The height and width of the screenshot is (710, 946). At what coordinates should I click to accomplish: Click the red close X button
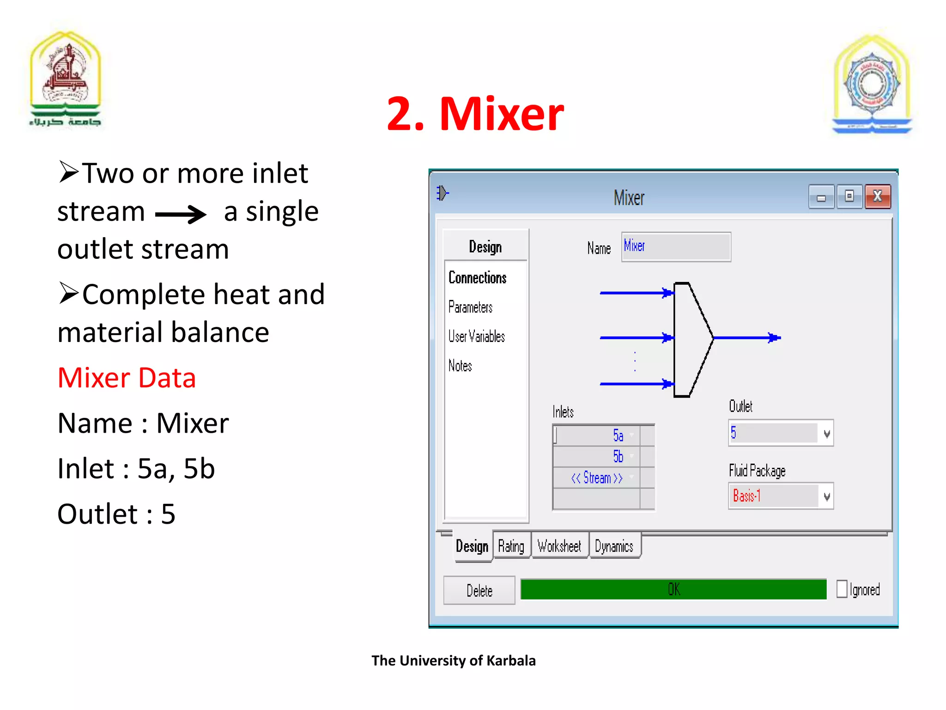(877, 197)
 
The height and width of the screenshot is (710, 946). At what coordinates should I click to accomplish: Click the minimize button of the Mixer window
(821, 198)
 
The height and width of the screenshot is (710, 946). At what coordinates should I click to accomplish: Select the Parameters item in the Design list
(470, 307)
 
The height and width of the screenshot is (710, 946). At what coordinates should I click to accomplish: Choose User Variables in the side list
(476, 337)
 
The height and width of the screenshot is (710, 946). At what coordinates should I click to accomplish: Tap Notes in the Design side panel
(460, 366)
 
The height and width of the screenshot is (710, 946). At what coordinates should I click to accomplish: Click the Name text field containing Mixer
(675, 247)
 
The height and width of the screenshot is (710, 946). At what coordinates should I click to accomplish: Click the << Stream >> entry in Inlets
(597, 478)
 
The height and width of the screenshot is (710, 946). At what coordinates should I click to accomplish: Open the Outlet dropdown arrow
(826, 434)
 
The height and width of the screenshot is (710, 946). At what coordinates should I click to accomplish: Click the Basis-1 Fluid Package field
(774, 496)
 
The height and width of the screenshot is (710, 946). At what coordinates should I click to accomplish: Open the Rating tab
(511, 546)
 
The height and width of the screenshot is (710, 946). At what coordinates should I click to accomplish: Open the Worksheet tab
(559, 546)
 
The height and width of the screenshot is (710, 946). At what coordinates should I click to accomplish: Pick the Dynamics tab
(614, 546)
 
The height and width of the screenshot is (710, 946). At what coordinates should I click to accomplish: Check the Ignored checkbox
(842, 589)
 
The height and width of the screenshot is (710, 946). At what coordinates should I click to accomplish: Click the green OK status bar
(673, 589)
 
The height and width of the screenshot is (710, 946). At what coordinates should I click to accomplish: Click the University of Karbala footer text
(454, 661)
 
